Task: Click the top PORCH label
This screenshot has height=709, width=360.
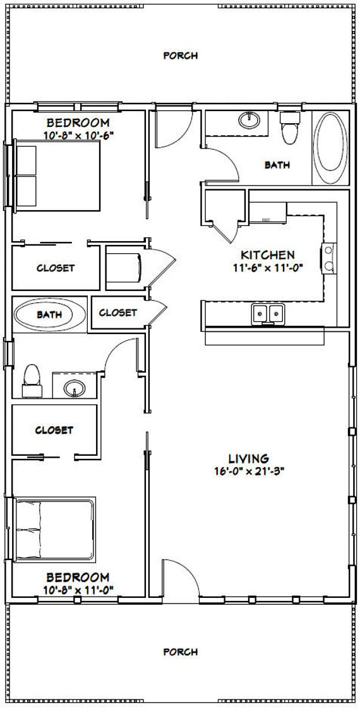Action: (x=181, y=56)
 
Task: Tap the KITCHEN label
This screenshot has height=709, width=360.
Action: (x=267, y=255)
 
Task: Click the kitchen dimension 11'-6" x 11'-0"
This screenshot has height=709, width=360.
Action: (x=267, y=267)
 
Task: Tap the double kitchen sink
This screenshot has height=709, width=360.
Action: (x=267, y=313)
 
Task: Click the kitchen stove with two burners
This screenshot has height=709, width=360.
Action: (x=329, y=257)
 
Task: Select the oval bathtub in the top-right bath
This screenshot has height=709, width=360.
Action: (x=329, y=148)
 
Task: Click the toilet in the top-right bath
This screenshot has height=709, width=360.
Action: (x=290, y=129)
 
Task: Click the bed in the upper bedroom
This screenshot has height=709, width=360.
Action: (x=57, y=176)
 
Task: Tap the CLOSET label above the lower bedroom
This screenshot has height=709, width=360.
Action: (x=54, y=430)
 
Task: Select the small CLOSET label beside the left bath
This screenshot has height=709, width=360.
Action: (x=117, y=313)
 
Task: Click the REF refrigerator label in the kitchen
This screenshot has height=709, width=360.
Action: (x=267, y=220)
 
